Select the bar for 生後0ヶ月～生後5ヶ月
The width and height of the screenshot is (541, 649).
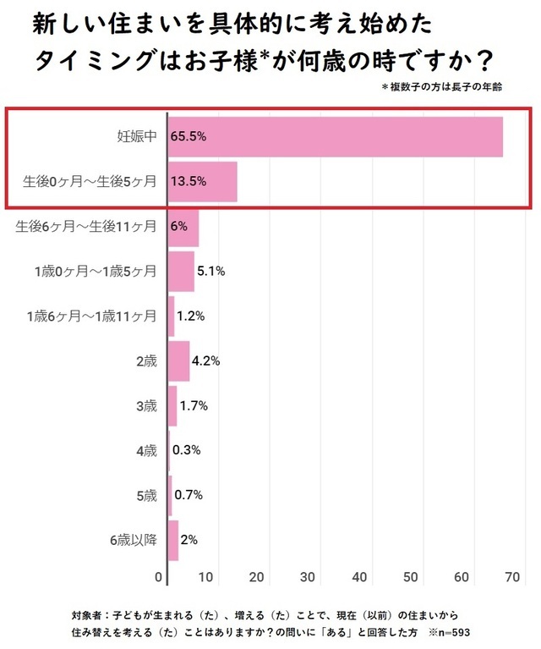tap(202, 181)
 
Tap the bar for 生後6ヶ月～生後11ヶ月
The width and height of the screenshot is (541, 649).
tap(183, 227)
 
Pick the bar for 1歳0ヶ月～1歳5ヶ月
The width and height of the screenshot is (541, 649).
tap(181, 272)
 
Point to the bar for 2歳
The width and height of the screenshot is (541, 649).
tap(178, 361)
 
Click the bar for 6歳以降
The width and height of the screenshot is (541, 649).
tap(173, 541)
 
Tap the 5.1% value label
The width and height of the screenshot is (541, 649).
tap(210, 272)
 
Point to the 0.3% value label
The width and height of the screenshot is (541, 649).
tap(186, 451)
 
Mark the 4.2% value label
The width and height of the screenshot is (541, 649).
tap(206, 361)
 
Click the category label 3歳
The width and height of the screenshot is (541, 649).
tap(146, 406)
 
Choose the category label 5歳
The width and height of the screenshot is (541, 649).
tap(146, 496)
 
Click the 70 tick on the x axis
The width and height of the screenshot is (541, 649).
tap(510, 577)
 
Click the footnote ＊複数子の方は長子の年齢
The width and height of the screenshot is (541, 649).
tap(442, 87)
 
